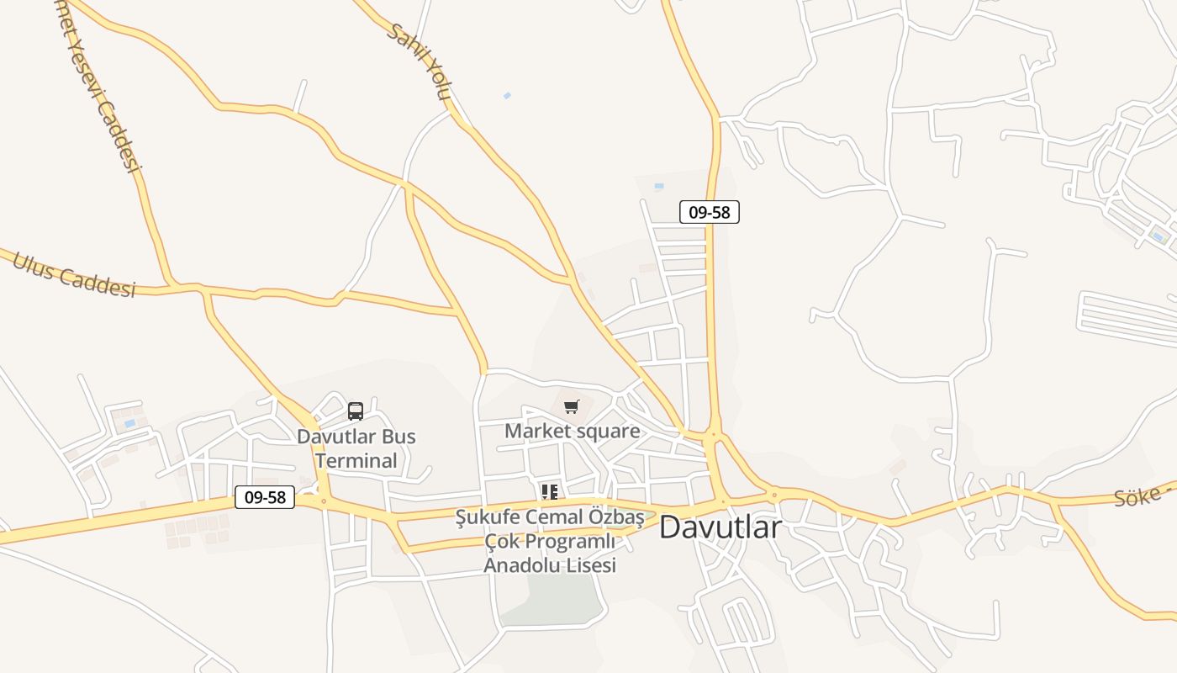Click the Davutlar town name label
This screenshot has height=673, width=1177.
pyautogui.click(x=720, y=527)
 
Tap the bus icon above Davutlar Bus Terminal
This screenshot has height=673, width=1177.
pyautogui.click(x=356, y=411)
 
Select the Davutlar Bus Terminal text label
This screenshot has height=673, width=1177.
pyautogui.click(x=356, y=448)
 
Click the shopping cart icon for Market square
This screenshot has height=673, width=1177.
pyautogui.click(x=572, y=407)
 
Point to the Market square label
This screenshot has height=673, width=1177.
pyautogui.click(x=572, y=432)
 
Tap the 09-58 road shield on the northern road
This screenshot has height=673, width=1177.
pyautogui.click(x=710, y=212)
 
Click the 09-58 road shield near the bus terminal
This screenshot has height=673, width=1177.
pyautogui.click(x=265, y=497)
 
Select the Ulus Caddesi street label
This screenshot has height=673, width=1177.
pyautogui.click(x=74, y=274)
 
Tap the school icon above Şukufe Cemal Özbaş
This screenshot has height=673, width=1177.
pyautogui.click(x=550, y=491)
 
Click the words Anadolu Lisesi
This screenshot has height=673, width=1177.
pyautogui.click(x=550, y=565)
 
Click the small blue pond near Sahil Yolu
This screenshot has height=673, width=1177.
pyautogui.click(x=507, y=96)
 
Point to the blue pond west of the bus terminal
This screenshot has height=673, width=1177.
pyautogui.click(x=129, y=423)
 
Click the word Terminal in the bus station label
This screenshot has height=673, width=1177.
pyautogui.click(x=356, y=461)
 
